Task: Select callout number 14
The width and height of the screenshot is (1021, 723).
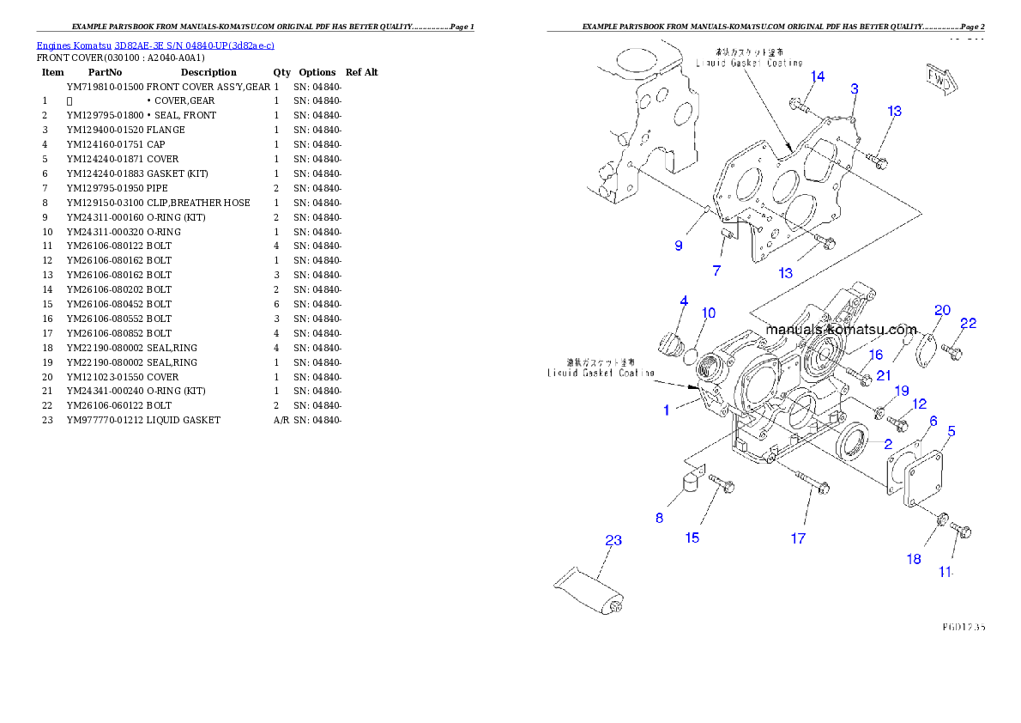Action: tap(818, 77)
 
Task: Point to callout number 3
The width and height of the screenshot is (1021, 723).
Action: tap(855, 88)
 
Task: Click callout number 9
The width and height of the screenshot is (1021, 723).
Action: tap(679, 246)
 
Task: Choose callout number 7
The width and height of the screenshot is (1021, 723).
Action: tap(716, 271)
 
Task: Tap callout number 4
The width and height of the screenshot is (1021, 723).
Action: tap(684, 301)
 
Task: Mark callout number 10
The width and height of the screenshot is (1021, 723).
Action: tap(708, 313)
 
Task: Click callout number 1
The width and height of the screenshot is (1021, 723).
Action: tap(666, 410)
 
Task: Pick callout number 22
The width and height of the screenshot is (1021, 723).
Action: tap(968, 324)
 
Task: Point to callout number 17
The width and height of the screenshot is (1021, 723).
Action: tap(798, 538)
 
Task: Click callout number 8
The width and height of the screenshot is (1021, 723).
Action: tap(659, 518)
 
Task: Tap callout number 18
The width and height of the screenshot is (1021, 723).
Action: tap(915, 559)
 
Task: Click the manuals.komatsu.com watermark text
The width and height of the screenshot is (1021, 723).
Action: tap(841, 330)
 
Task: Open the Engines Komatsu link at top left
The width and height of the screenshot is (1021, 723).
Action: tap(155, 46)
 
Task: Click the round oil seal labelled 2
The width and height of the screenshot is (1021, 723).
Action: tap(853, 441)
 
